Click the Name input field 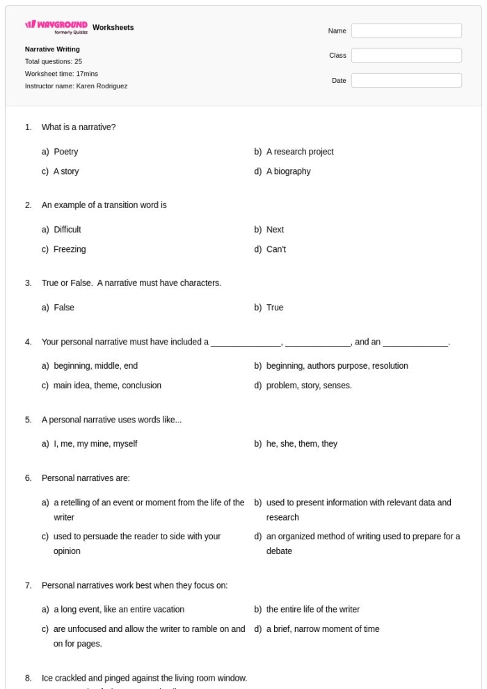click(x=406, y=31)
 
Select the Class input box click(x=406, y=56)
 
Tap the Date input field click(x=406, y=81)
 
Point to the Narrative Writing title click(x=52, y=49)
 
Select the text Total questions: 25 click(x=54, y=61)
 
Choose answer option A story click(x=66, y=172)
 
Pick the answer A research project click(x=300, y=152)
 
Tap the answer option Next click(x=275, y=230)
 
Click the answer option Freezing click(x=70, y=249)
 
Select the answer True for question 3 click(x=275, y=308)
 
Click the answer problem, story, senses click(x=309, y=386)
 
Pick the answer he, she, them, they click(x=301, y=443)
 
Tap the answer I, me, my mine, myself click(x=95, y=443)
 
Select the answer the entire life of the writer click(x=313, y=610)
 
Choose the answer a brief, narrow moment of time click(x=323, y=629)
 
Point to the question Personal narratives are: click(x=81, y=478)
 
